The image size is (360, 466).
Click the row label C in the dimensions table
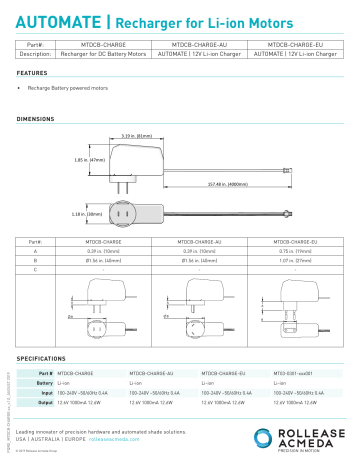(x=35, y=270)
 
